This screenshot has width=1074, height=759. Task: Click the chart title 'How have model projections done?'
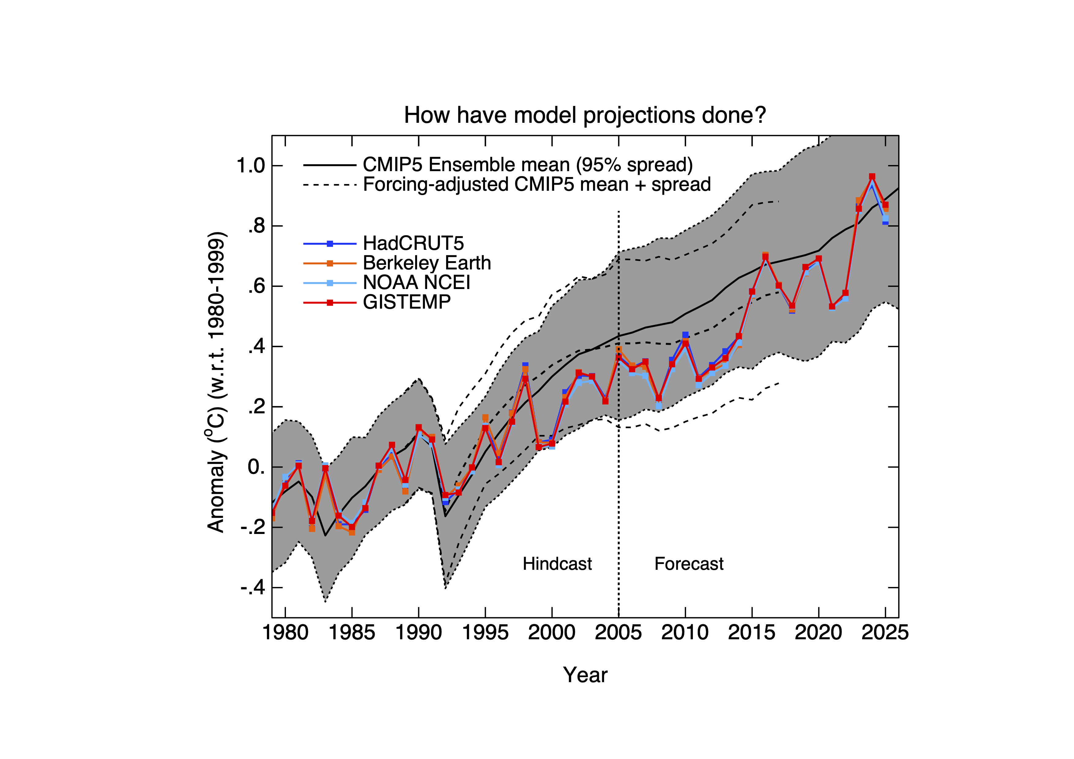pos(585,115)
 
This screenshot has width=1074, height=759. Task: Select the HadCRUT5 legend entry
pos(413,243)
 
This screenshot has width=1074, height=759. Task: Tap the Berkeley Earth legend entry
pos(426,263)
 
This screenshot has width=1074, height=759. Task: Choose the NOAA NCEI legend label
pos(416,283)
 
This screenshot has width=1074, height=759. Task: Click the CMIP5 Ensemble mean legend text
pos(528,165)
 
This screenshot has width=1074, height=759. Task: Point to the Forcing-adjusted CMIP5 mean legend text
pos(536,184)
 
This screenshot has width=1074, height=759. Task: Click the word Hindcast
pos(557,564)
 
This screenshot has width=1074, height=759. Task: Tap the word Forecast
pos(689,564)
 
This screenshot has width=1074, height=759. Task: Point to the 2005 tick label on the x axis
pos(618,633)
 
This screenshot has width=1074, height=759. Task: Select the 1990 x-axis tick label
pos(419,633)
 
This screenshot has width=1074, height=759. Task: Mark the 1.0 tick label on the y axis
pos(251,166)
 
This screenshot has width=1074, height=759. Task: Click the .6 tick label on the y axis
pos(256,286)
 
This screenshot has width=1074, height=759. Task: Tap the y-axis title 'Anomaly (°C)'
pos(216,381)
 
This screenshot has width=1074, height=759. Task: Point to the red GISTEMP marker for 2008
pos(659,398)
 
